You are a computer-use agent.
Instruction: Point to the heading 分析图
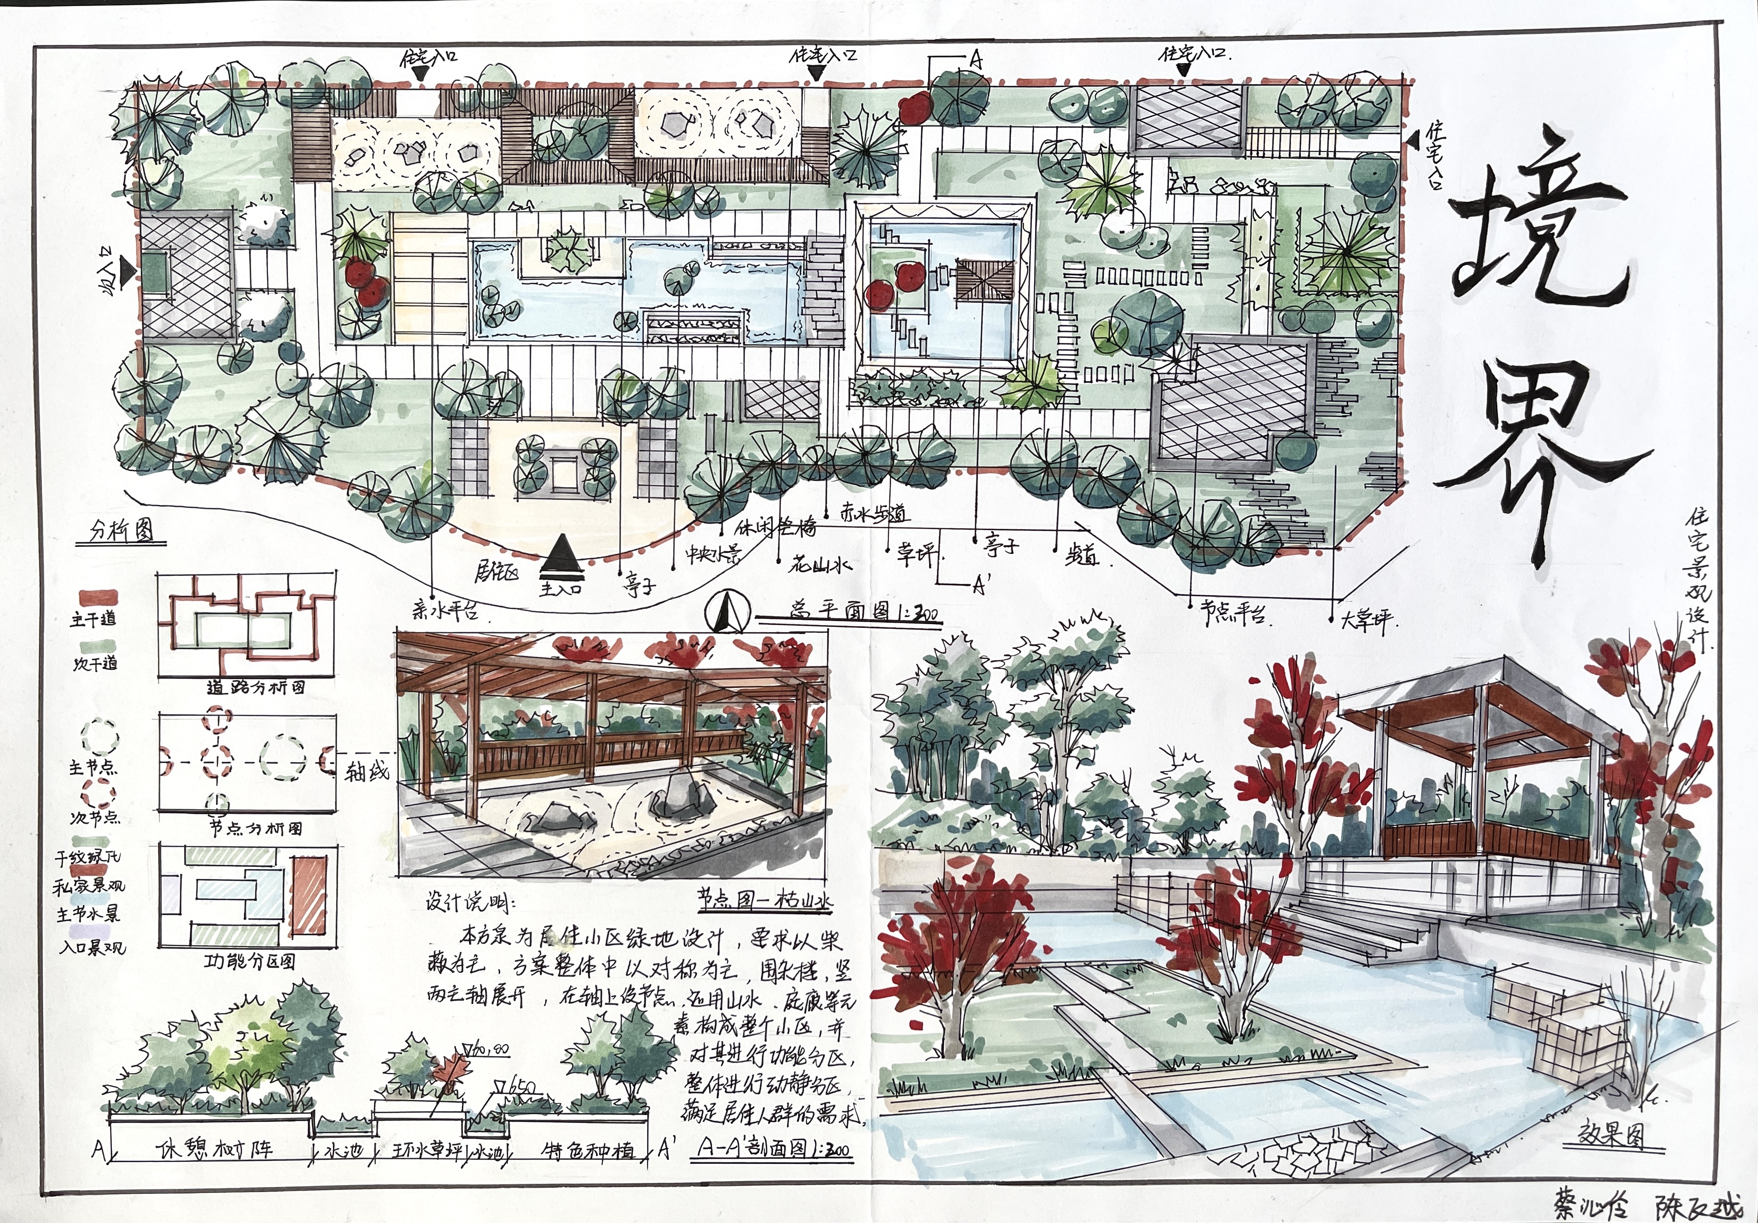[122, 532]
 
